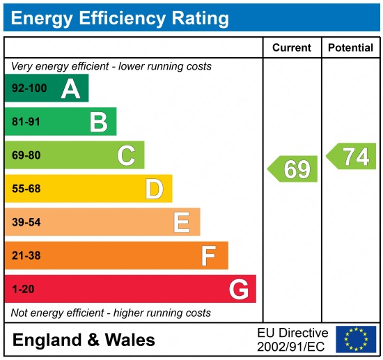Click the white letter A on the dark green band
pos(70,88)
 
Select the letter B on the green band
pos(98,122)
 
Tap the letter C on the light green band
pos(126,155)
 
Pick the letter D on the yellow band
pos(154,189)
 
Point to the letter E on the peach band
pos(181,222)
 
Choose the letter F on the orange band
pos(208,256)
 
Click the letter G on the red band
pos(238,289)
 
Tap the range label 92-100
pos(28,88)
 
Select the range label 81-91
pos(26,122)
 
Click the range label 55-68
pos(26,189)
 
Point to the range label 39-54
pos(26,222)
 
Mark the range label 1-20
pos(22,289)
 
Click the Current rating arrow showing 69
pos(293,169)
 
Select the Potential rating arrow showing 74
pos(352,157)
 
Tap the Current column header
pos(291,47)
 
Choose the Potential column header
pos(351,47)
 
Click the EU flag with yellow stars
pos(355,339)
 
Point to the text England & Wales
pos(84,340)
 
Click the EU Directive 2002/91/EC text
pos(292,339)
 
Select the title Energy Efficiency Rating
pos(120,18)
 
